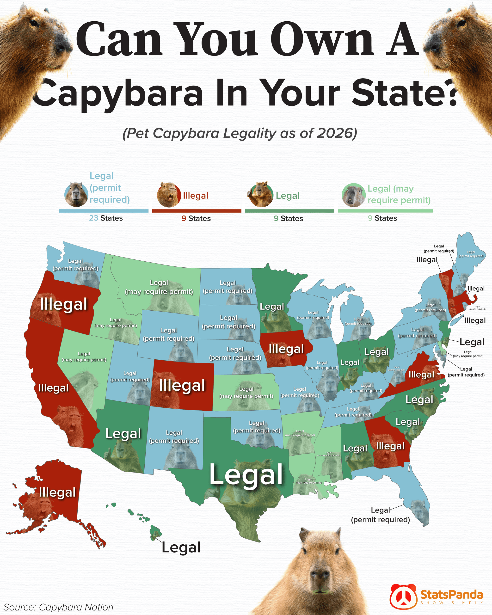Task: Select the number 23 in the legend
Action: [93, 218]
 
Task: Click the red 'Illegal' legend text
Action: [195, 196]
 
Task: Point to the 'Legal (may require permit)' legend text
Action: [399, 194]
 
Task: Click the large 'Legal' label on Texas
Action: [246, 474]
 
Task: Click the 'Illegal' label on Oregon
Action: [64, 304]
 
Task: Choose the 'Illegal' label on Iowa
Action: [286, 349]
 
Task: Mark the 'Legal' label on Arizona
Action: [123, 434]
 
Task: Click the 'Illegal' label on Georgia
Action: [390, 446]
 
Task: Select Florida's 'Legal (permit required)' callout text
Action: [380, 515]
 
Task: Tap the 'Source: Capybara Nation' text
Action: [58, 607]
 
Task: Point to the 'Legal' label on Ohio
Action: [376, 352]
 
